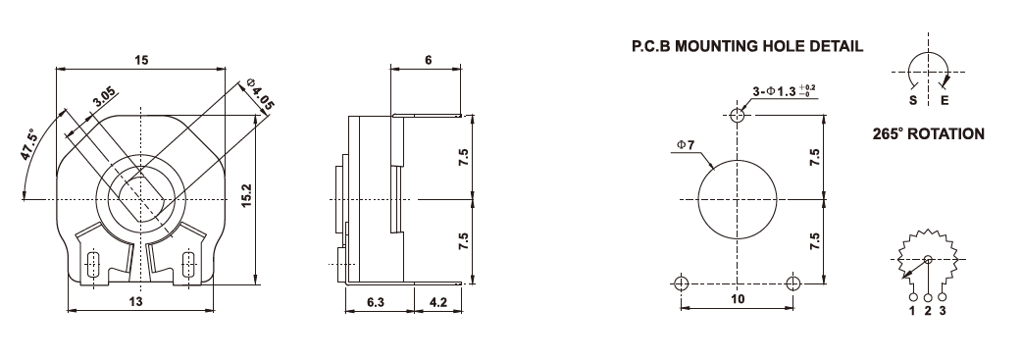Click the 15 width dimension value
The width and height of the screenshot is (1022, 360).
tap(141, 60)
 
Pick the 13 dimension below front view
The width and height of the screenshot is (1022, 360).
tap(135, 300)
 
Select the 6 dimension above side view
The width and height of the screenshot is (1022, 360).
tap(428, 60)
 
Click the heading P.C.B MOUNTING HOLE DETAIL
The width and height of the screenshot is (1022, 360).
tap(747, 46)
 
